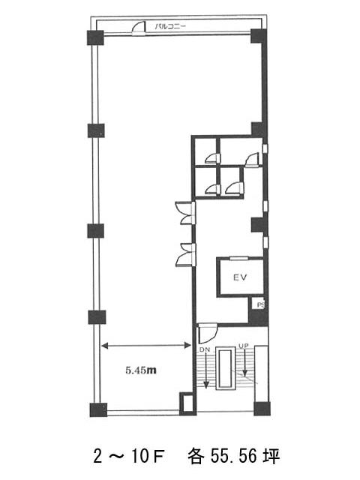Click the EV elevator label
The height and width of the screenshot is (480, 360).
tap(240, 277)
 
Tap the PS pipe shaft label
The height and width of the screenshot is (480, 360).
tap(260, 305)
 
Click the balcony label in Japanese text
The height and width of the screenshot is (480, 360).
tap(170, 27)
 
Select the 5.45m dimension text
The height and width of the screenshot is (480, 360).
tap(141, 370)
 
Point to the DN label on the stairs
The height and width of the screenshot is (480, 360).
tap(205, 349)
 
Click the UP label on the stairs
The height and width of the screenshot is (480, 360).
tap(244, 346)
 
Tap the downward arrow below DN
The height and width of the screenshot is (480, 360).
tap(207, 370)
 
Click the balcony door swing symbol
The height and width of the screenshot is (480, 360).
tap(138, 28)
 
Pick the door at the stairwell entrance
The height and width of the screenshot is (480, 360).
tap(207, 333)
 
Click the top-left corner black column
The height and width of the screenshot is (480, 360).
tap(95, 37)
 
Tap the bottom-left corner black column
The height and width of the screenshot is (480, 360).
tap(98, 409)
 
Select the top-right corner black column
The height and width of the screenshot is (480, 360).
tap(259, 36)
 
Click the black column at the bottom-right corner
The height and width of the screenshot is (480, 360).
tap(262, 408)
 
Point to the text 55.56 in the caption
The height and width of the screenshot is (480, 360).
tap(233, 456)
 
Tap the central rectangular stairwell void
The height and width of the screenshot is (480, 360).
tap(226, 368)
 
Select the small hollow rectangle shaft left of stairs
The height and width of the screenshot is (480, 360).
tap(187, 403)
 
